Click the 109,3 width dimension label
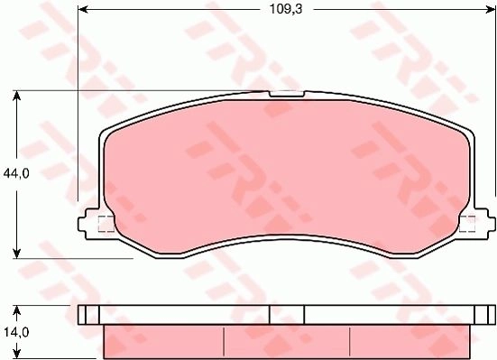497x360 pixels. pyautogui.click(x=286, y=9)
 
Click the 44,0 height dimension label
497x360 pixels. pyautogui.click(x=16, y=173)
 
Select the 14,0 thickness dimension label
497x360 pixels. pyautogui.click(x=16, y=332)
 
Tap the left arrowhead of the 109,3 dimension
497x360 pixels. pyautogui.click(x=82, y=10)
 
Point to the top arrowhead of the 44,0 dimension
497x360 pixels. pyautogui.click(x=17, y=96)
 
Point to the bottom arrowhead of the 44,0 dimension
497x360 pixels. pyautogui.click(x=17, y=254)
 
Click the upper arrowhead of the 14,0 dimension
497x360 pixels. pyautogui.click(x=17, y=310)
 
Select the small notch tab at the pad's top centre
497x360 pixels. pyautogui.click(x=287, y=94)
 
